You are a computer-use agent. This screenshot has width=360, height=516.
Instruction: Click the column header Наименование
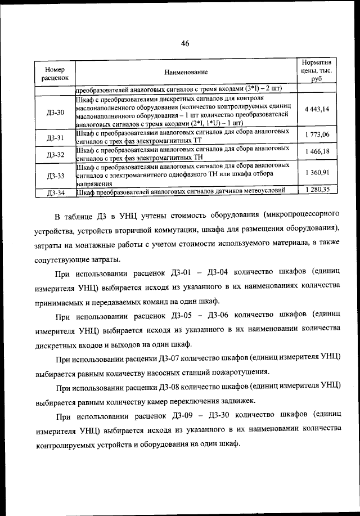click(186, 72)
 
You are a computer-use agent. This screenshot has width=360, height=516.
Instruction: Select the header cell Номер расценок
click(55, 72)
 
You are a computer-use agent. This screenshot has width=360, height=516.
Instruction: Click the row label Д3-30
click(55, 112)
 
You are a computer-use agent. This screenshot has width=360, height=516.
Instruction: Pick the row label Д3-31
click(55, 137)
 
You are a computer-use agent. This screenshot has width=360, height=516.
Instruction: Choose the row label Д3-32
click(55, 154)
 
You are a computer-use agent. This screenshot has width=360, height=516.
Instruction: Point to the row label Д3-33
click(55, 176)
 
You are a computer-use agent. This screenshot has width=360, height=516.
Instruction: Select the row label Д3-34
click(55, 192)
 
